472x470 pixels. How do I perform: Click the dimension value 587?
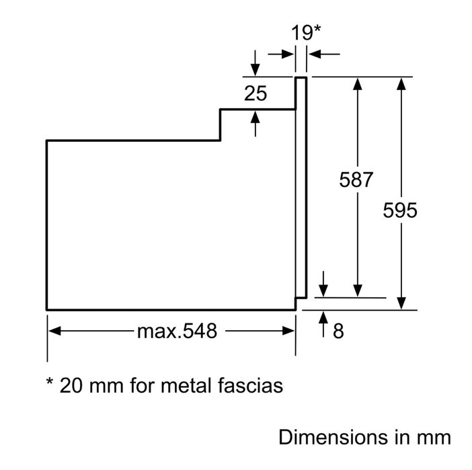click(x=356, y=180)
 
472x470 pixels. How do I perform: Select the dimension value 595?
click(x=400, y=210)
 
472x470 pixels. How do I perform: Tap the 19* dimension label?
click(x=306, y=32)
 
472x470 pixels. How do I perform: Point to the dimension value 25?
click(x=255, y=93)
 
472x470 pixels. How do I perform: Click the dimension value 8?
click(x=338, y=331)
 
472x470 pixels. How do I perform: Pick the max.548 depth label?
click(x=177, y=331)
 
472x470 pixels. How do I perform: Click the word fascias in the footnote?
click(x=250, y=385)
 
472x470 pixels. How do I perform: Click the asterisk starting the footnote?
click(x=50, y=381)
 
